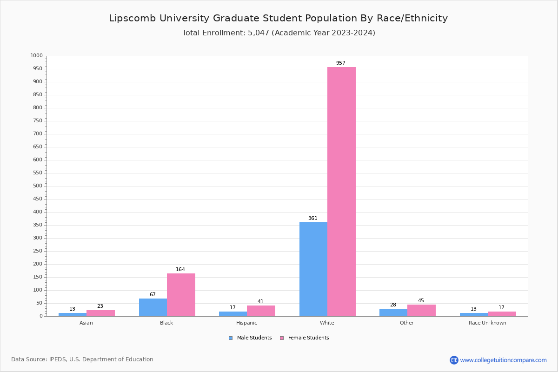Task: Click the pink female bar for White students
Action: tap(341, 192)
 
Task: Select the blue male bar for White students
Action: tap(313, 269)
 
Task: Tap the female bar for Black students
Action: tap(181, 295)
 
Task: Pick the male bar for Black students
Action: tap(153, 307)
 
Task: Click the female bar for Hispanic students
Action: tap(261, 311)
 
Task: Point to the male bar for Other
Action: tap(393, 312)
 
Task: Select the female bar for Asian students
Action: tap(100, 313)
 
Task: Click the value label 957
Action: tap(341, 63)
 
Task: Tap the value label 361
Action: tap(312, 219)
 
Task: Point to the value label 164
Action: tap(180, 270)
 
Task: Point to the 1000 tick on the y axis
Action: tap(36, 56)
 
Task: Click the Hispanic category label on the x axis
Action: tap(246, 323)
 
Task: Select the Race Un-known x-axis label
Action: tap(487, 323)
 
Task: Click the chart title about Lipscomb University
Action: tap(278, 18)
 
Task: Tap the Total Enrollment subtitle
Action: tap(279, 33)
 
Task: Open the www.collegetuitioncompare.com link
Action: tap(503, 360)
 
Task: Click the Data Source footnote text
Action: tap(82, 359)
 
